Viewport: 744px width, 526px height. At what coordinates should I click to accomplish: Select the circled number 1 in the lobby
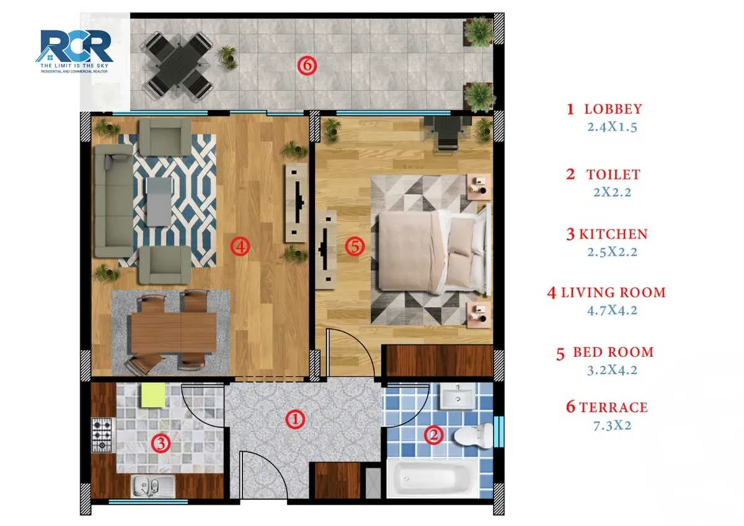[x=296, y=420]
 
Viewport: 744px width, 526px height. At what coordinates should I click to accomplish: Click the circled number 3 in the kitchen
[x=161, y=444]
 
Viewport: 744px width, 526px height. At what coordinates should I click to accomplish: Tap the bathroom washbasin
[x=458, y=397]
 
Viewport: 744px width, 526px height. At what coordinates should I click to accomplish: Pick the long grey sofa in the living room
[x=113, y=202]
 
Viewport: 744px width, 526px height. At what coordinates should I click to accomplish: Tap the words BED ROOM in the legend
[x=613, y=352]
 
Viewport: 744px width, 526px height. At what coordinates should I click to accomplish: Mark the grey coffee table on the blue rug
[x=159, y=202]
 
